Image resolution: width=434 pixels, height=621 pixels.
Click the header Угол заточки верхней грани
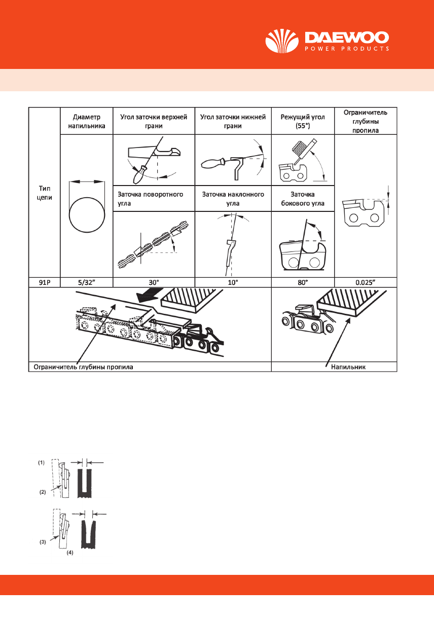coord(153,121)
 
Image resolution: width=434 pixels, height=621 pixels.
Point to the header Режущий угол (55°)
coord(303,121)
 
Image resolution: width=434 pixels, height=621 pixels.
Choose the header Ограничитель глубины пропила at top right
coord(366,121)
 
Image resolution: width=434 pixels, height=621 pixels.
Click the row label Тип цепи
coord(44,192)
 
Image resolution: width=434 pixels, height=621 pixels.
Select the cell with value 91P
coord(44,282)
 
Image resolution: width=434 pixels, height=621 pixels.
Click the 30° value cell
coord(153,282)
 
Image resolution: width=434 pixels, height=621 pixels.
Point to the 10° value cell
coord(233,282)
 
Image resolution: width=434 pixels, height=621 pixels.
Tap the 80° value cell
coord(303,282)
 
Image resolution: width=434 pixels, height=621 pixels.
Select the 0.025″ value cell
coord(366,282)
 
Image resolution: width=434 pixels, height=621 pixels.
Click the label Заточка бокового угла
coord(303,199)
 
